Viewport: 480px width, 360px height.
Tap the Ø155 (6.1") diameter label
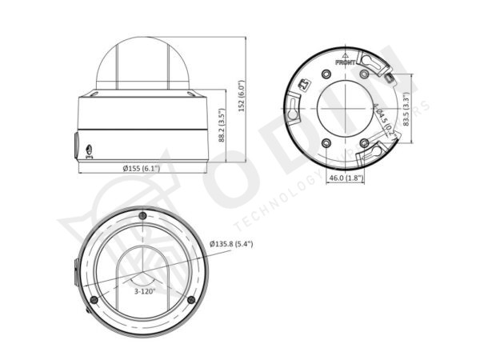pyautogui.click(x=142, y=168)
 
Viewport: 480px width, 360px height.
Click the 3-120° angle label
pyautogui.click(x=145, y=291)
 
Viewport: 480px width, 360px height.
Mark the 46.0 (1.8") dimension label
pyautogui.click(x=346, y=178)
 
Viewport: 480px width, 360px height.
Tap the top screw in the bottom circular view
pyautogui.click(x=142, y=216)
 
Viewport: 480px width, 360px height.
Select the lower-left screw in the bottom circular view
pyautogui.click(x=94, y=299)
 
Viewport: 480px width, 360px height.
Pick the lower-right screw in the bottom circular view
pyautogui.click(x=190, y=300)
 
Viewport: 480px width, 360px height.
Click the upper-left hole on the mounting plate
pyautogui.click(x=326, y=74)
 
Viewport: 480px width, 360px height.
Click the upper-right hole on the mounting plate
pyautogui.click(x=366, y=74)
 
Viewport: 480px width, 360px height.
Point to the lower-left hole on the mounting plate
pyautogui.click(x=326, y=143)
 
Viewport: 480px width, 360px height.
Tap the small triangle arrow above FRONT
pyautogui.click(x=346, y=54)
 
